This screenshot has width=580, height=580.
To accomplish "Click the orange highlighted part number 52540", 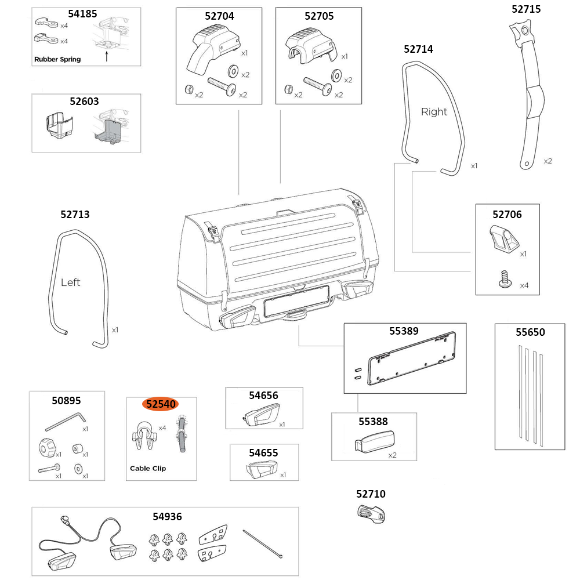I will [x=162, y=404].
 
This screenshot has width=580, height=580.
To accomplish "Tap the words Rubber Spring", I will [x=57, y=59].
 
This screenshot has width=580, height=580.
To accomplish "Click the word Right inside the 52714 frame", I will [x=434, y=112].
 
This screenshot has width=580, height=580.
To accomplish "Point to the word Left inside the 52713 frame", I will [x=71, y=282].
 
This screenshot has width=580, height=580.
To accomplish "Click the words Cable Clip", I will [x=147, y=468].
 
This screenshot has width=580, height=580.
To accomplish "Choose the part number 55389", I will [x=404, y=332].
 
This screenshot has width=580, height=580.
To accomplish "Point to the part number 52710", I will [x=371, y=494].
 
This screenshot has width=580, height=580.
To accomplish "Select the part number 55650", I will [x=530, y=332].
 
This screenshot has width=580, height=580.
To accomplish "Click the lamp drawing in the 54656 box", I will [x=259, y=416].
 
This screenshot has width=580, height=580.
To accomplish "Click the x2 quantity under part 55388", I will [x=392, y=455].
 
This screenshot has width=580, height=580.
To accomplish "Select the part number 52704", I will [x=219, y=16].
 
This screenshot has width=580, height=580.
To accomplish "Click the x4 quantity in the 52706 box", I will [x=524, y=285].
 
